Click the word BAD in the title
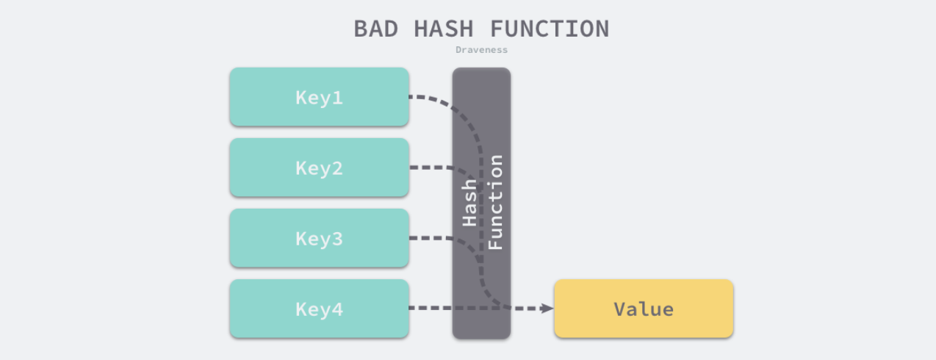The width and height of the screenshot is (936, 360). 376,29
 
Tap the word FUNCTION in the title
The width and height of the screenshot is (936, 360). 550,29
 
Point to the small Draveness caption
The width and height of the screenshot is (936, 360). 481,50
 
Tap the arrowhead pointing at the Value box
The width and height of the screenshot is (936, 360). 547,309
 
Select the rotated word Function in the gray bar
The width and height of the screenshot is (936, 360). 496,203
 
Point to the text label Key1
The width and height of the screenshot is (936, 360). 319,98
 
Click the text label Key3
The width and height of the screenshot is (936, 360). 319,239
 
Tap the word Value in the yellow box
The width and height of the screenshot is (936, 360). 644,309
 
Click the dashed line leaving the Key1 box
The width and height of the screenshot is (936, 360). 426,97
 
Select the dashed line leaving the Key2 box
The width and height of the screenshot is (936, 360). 430,168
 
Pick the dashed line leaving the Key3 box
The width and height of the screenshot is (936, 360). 430,239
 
